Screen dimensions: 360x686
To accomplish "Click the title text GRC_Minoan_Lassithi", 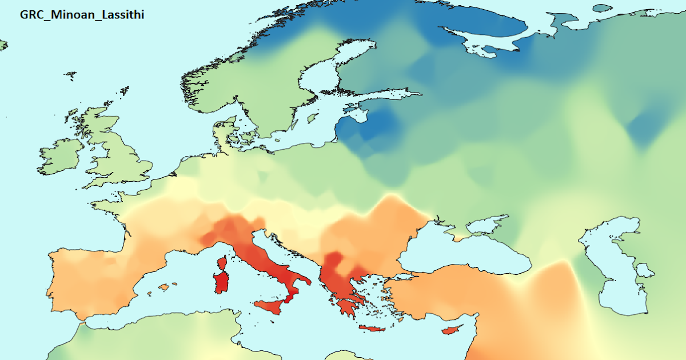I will (x=82, y=15).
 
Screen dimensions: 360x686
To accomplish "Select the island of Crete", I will (x=372, y=329).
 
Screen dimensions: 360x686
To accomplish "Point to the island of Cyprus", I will (x=452, y=330).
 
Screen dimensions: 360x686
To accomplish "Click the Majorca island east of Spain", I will (x=166, y=286).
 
